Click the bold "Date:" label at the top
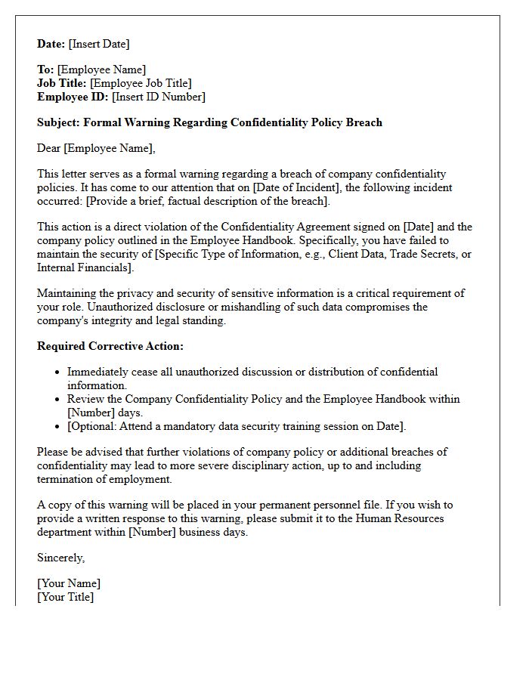(51, 44)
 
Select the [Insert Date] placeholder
(99, 44)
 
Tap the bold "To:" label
(45, 70)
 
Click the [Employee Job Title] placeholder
(141, 83)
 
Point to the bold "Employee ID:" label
(73, 97)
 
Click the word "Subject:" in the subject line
(58, 122)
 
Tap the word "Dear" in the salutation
(49, 148)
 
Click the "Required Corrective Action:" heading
(110, 346)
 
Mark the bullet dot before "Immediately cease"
(58, 372)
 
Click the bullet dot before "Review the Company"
(58, 400)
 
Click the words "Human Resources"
(398, 518)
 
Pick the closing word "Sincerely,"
(61, 558)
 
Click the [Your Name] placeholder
(69, 583)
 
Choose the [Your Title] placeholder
(66, 597)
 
